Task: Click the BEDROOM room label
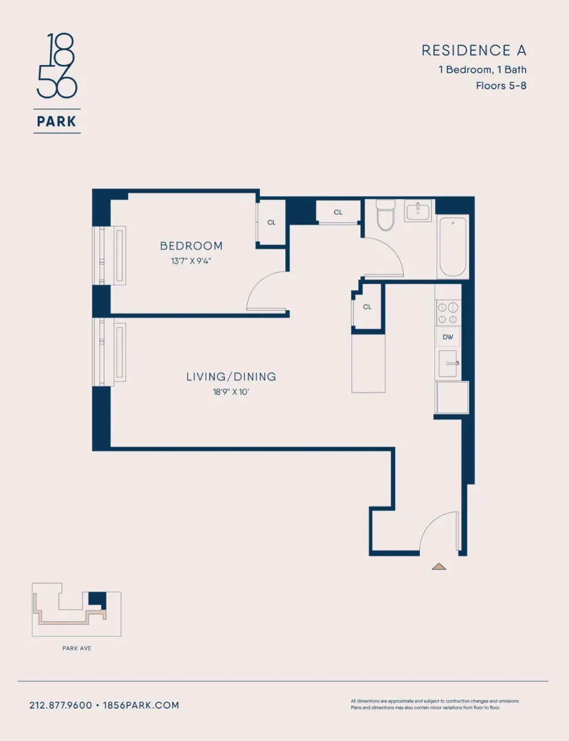point(191,246)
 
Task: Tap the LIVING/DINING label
point(231,377)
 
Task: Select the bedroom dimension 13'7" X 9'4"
point(191,260)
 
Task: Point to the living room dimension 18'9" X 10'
point(231,392)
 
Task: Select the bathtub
point(453,247)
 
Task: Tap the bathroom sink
point(419,212)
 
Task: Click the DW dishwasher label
point(448,337)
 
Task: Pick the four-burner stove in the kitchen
point(448,313)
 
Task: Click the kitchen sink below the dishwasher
point(448,364)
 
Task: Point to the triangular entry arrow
point(439,566)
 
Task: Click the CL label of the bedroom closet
point(271,223)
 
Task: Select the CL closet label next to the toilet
point(338,212)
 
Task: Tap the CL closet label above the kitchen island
point(368,307)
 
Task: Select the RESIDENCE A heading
point(473,51)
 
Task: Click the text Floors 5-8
point(500,85)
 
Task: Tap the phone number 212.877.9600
point(61,705)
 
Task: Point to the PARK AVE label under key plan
point(76,648)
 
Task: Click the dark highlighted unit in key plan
point(97,599)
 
